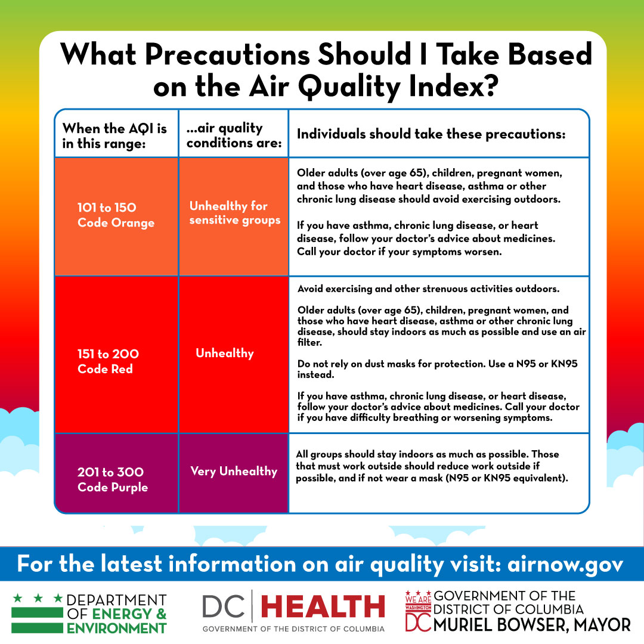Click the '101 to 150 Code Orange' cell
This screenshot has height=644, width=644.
[116, 215]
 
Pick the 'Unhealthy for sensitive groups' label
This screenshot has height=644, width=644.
[234, 213]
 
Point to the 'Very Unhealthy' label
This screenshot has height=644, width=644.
[234, 471]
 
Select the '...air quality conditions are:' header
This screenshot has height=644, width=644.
[233, 135]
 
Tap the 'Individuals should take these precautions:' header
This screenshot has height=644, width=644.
[431, 134]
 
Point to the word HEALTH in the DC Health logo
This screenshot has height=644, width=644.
[323, 607]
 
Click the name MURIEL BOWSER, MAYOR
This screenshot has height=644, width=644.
[532, 624]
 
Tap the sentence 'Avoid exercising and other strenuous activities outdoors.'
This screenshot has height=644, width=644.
[428, 289]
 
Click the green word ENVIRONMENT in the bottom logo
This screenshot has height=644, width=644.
[117, 627]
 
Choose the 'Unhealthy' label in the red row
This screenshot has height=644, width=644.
[225, 353]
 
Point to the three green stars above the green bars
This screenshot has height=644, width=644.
[38, 597]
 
